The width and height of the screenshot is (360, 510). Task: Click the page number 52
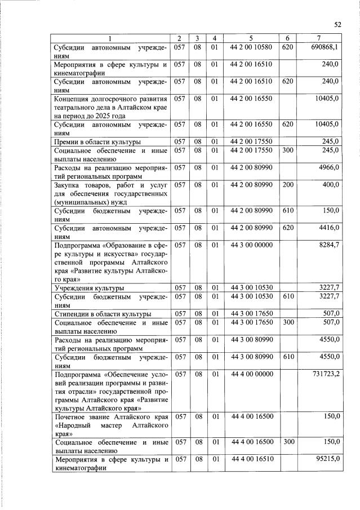pyautogui.click(x=338, y=24)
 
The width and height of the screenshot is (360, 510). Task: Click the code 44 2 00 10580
pyautogui.click(x=251, y=47)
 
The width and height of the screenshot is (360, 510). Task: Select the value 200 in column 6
pyautogui.click(x=288, y=185)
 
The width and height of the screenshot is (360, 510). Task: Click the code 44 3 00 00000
pyautogui.click(x=251, y=245)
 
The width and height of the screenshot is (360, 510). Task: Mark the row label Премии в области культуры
pyautogui.click(x=97, y=141)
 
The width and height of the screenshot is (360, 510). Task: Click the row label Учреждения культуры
pyautogui.click(x=89, y=288)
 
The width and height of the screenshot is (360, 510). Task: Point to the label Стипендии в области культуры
pyautogui.click(x=103, y=314)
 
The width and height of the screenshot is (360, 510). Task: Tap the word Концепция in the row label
pyautogui.click(x=73, y=99)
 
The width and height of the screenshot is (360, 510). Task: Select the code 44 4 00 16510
pyautogui.click(x=251, y=459)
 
